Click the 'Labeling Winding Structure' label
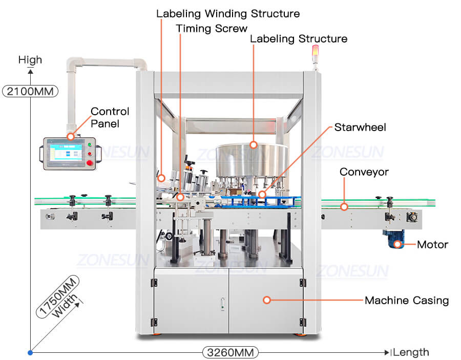point(228,13)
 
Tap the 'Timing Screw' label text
point(212,29)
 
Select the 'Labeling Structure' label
point(298,39)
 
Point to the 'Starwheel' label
point(360,127)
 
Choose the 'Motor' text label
point(432,245)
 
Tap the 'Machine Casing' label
point(406,301)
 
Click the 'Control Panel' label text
point(110,117)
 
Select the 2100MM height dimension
point(30,92)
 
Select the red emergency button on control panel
point(90,163)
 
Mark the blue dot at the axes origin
point(30,352)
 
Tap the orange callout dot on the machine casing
point(266,300)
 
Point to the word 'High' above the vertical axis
point(30,60)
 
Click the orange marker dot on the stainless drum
point(253,145)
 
